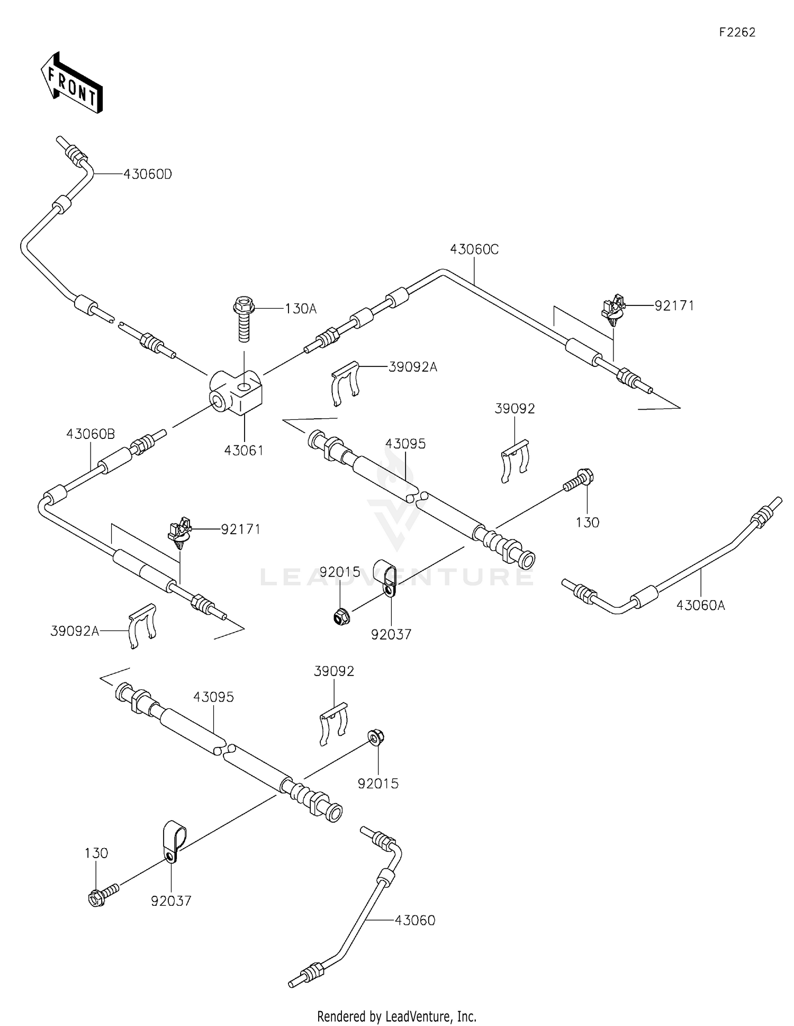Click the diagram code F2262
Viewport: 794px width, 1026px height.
737,32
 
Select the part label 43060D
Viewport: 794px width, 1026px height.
148,174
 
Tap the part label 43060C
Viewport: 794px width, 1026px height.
474,249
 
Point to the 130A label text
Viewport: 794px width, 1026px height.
300,309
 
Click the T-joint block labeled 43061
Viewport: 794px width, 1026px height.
237,392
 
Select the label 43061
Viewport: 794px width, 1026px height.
243,451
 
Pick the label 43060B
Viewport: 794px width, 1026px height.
91,434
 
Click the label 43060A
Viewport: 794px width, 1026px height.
700,605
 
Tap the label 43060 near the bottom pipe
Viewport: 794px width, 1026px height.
414,921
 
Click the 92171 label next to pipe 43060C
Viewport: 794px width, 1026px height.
674,306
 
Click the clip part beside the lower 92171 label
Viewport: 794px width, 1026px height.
179,531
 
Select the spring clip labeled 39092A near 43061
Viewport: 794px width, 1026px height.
345,382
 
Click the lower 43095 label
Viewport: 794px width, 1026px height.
213,697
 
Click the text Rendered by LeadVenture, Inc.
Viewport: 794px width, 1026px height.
396,1016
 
